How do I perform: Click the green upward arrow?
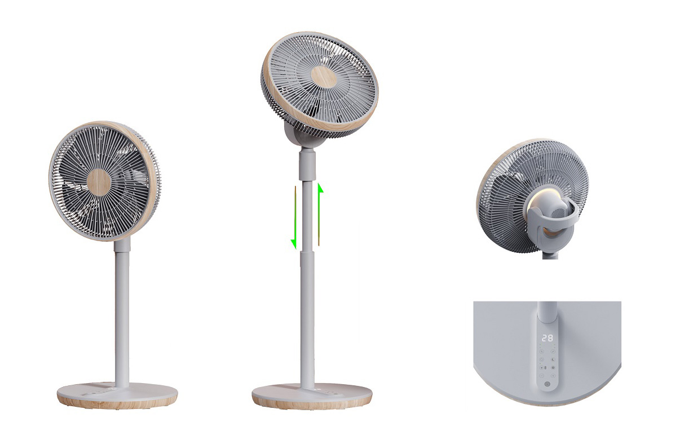[320, 215]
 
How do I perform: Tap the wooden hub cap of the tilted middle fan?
[324, 77]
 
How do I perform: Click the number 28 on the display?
[547, 339]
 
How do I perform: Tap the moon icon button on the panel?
[553, 359]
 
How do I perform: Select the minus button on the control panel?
[542, 376]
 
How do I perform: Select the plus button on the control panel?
[553, 376]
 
